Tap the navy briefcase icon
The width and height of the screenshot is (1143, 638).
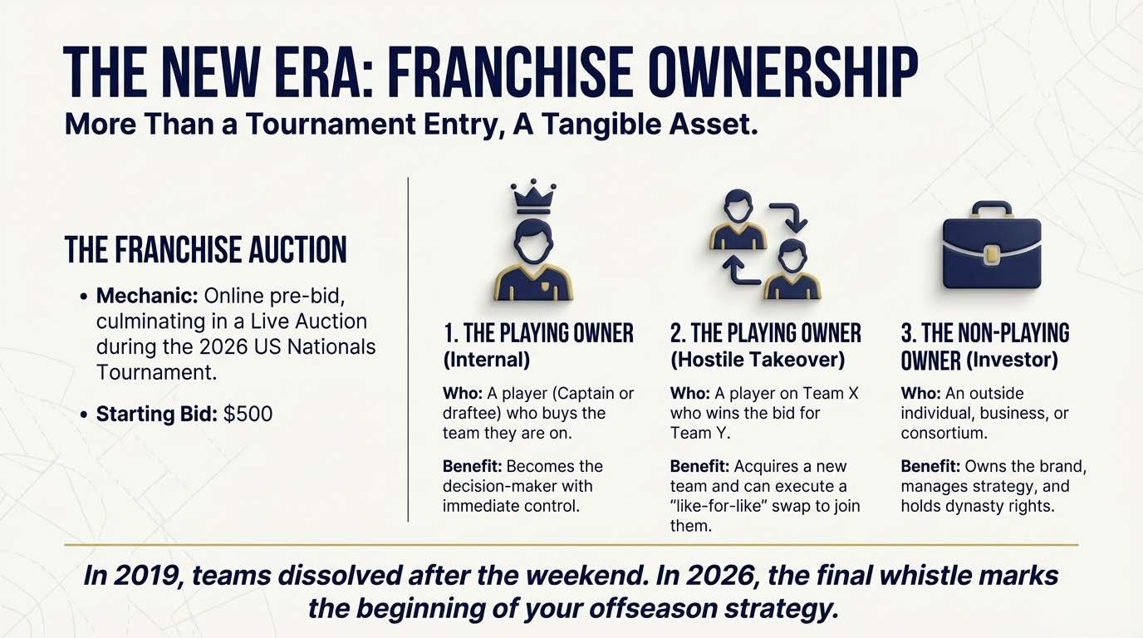pos(991,253)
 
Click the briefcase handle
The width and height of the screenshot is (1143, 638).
pos(991,209)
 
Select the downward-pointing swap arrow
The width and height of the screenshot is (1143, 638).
pos(790,214)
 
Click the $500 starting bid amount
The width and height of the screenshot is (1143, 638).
pos(248,414)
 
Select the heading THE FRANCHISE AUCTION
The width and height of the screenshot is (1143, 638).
pos(205,250)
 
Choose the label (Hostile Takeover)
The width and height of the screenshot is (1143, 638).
pos(758,360)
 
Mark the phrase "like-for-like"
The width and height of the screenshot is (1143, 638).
pos(724,506)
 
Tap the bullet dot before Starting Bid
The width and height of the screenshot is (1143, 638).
pos(85,414)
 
